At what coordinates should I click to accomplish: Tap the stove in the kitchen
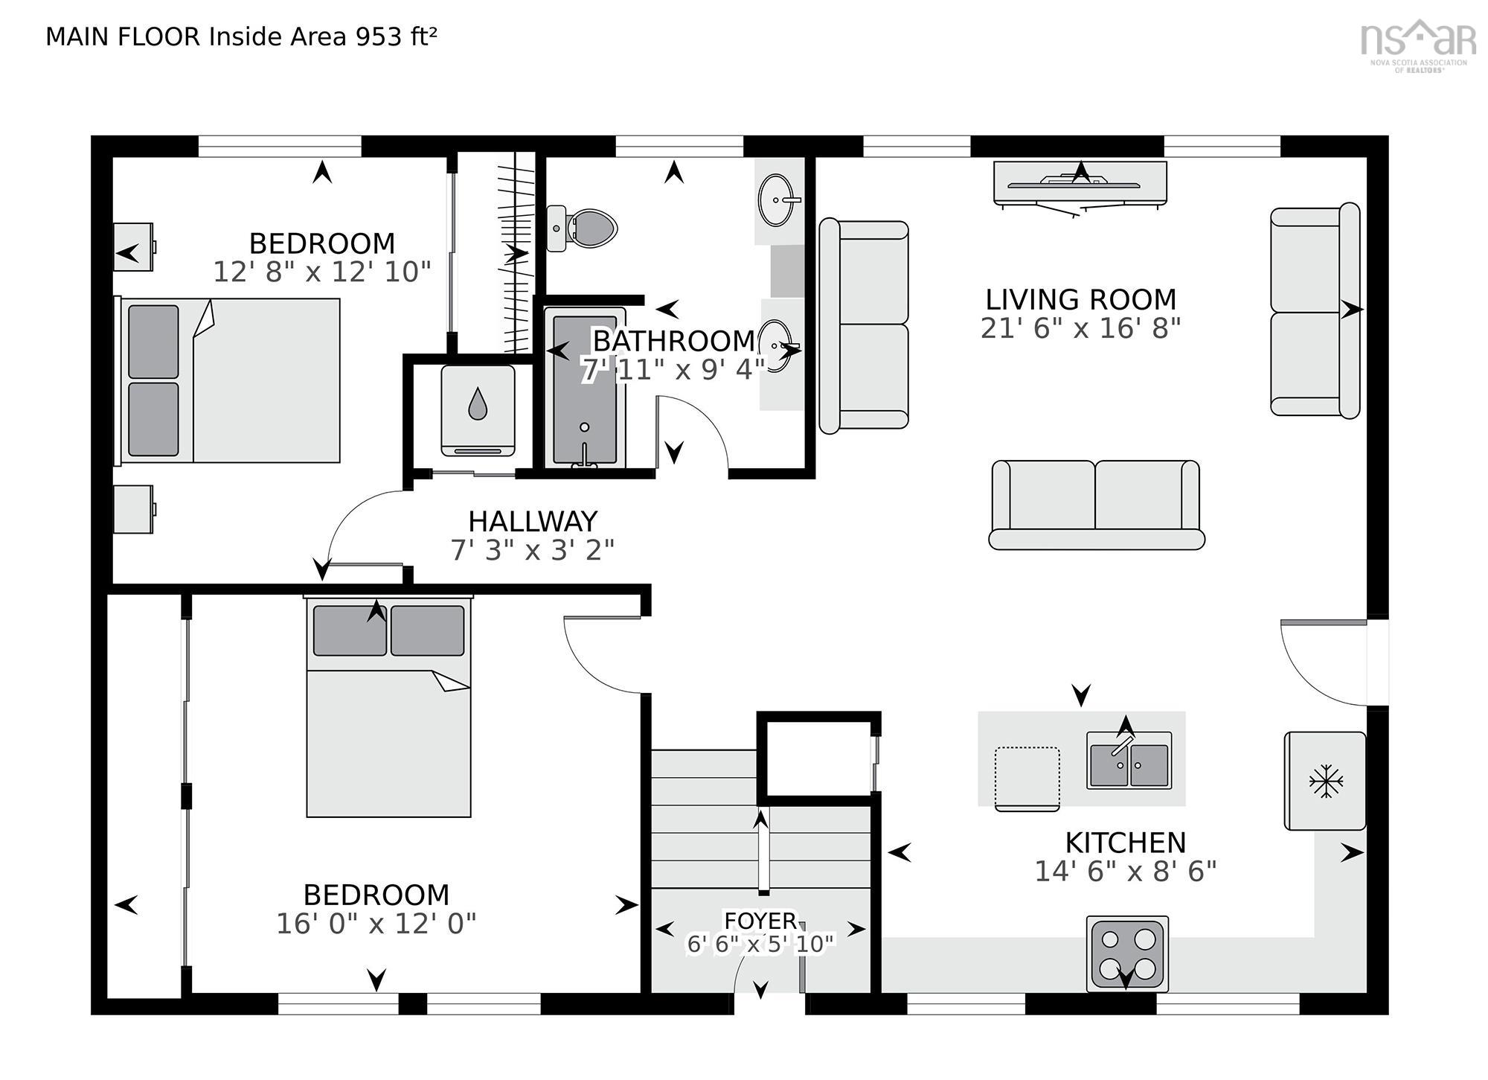click(x=1127, y=953)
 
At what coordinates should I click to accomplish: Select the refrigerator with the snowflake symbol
click(x=1325, y=781)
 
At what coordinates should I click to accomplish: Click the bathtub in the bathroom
click(x=585, y=389)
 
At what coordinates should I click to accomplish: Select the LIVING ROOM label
click(x=1081, y=299)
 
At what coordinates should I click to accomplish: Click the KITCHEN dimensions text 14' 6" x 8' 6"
click(x=1126, y=871)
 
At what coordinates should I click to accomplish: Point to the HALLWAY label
click(x=533, y=521)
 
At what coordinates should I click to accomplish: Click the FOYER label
click(x=760, y=921)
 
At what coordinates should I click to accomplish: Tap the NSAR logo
click(x=1418, y=45)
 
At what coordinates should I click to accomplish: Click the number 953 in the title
click(x=379, y=36)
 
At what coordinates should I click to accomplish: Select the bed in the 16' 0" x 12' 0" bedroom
click(x=388, y=706)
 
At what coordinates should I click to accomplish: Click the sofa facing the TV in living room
click(x=1097, y=505)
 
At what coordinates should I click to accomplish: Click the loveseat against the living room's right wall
click(x=1315, y=309)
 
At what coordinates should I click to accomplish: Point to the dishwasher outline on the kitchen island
click(x=1027, y=778)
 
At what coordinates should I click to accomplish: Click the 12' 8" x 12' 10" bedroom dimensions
click(x=322, y=272)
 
